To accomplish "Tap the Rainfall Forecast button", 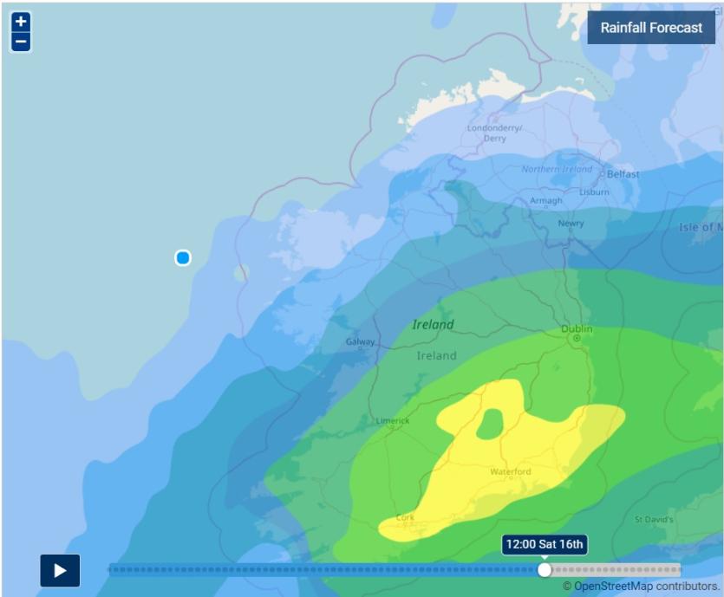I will tap(651, 28).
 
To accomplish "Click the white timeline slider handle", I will tap(545, 569).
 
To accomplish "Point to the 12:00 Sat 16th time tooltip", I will tap(545, 544).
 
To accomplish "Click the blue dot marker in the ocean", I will tap(183, 257).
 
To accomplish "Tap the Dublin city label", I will tap(577, 329).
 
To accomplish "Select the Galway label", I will tap(361, 341).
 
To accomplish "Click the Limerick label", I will tap(392, 421).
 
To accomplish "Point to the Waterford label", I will tap(511, 471).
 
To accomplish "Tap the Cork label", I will tap(405, 517).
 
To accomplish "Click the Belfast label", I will tap(623, 174).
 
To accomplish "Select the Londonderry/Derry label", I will tap(494, 133).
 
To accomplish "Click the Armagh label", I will tap(546, 201).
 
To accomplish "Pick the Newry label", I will tap(571, 224).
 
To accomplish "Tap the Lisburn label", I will tap(594, 191).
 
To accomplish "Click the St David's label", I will tap(654, 520).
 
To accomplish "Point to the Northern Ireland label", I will tap(557, 169).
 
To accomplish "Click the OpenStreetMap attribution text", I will tap(641, 587).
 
